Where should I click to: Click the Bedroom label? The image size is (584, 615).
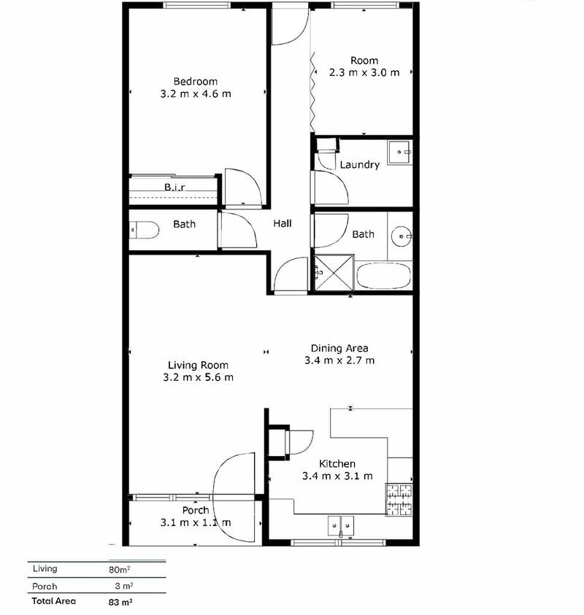[x=195, y=81]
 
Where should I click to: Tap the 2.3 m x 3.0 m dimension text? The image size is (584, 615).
[x=364, y=72]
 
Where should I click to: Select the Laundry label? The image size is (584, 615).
[x=359, y=165]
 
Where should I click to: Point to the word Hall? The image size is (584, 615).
[x=283, y=223]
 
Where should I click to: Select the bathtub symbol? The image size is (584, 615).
[x=384, y=276]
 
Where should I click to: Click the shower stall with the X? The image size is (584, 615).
[x=334, y=274]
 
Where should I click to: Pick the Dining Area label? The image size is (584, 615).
[x=339, y=348]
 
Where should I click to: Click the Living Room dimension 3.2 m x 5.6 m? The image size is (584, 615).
[x=198, y=377]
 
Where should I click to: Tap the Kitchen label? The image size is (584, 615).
[x=337, y=464]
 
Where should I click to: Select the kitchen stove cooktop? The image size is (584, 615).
[x=399, y=500]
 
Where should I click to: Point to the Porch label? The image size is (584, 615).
[x=196, y=510]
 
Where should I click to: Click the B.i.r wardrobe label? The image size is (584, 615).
[x=174, y=187]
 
